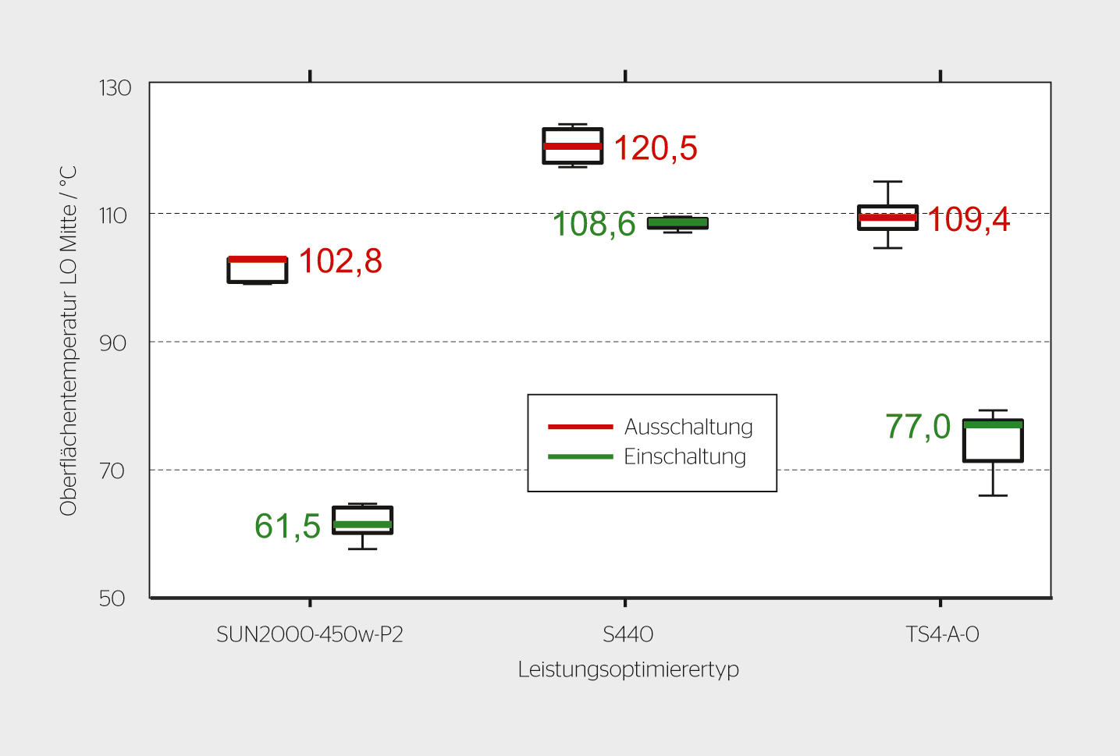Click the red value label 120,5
(x=655, y=148)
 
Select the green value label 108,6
(x=594, y=224)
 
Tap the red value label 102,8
(x=340, y=261)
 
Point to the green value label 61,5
(x=287, y=527)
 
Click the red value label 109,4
(x=969, y=220)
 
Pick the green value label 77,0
(x=918, y=427)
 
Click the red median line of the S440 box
(x=573, y=146)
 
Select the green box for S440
(x=677, y=223)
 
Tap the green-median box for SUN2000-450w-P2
(x=362, y=520)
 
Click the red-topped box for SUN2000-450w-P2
(x=258, y=270)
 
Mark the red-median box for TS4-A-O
(x=887, y=218)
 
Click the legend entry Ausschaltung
(x=688, y=427)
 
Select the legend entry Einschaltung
(x=684, y=456)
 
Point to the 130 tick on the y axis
(x=115, y=87)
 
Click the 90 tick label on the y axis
(x=113, y=343)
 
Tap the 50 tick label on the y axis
(x=112, y=598)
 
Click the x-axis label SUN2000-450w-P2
(x=310, y=634)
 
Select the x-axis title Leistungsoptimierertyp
(x=628, y=669)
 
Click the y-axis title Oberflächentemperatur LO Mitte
(x=69, y=340)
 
